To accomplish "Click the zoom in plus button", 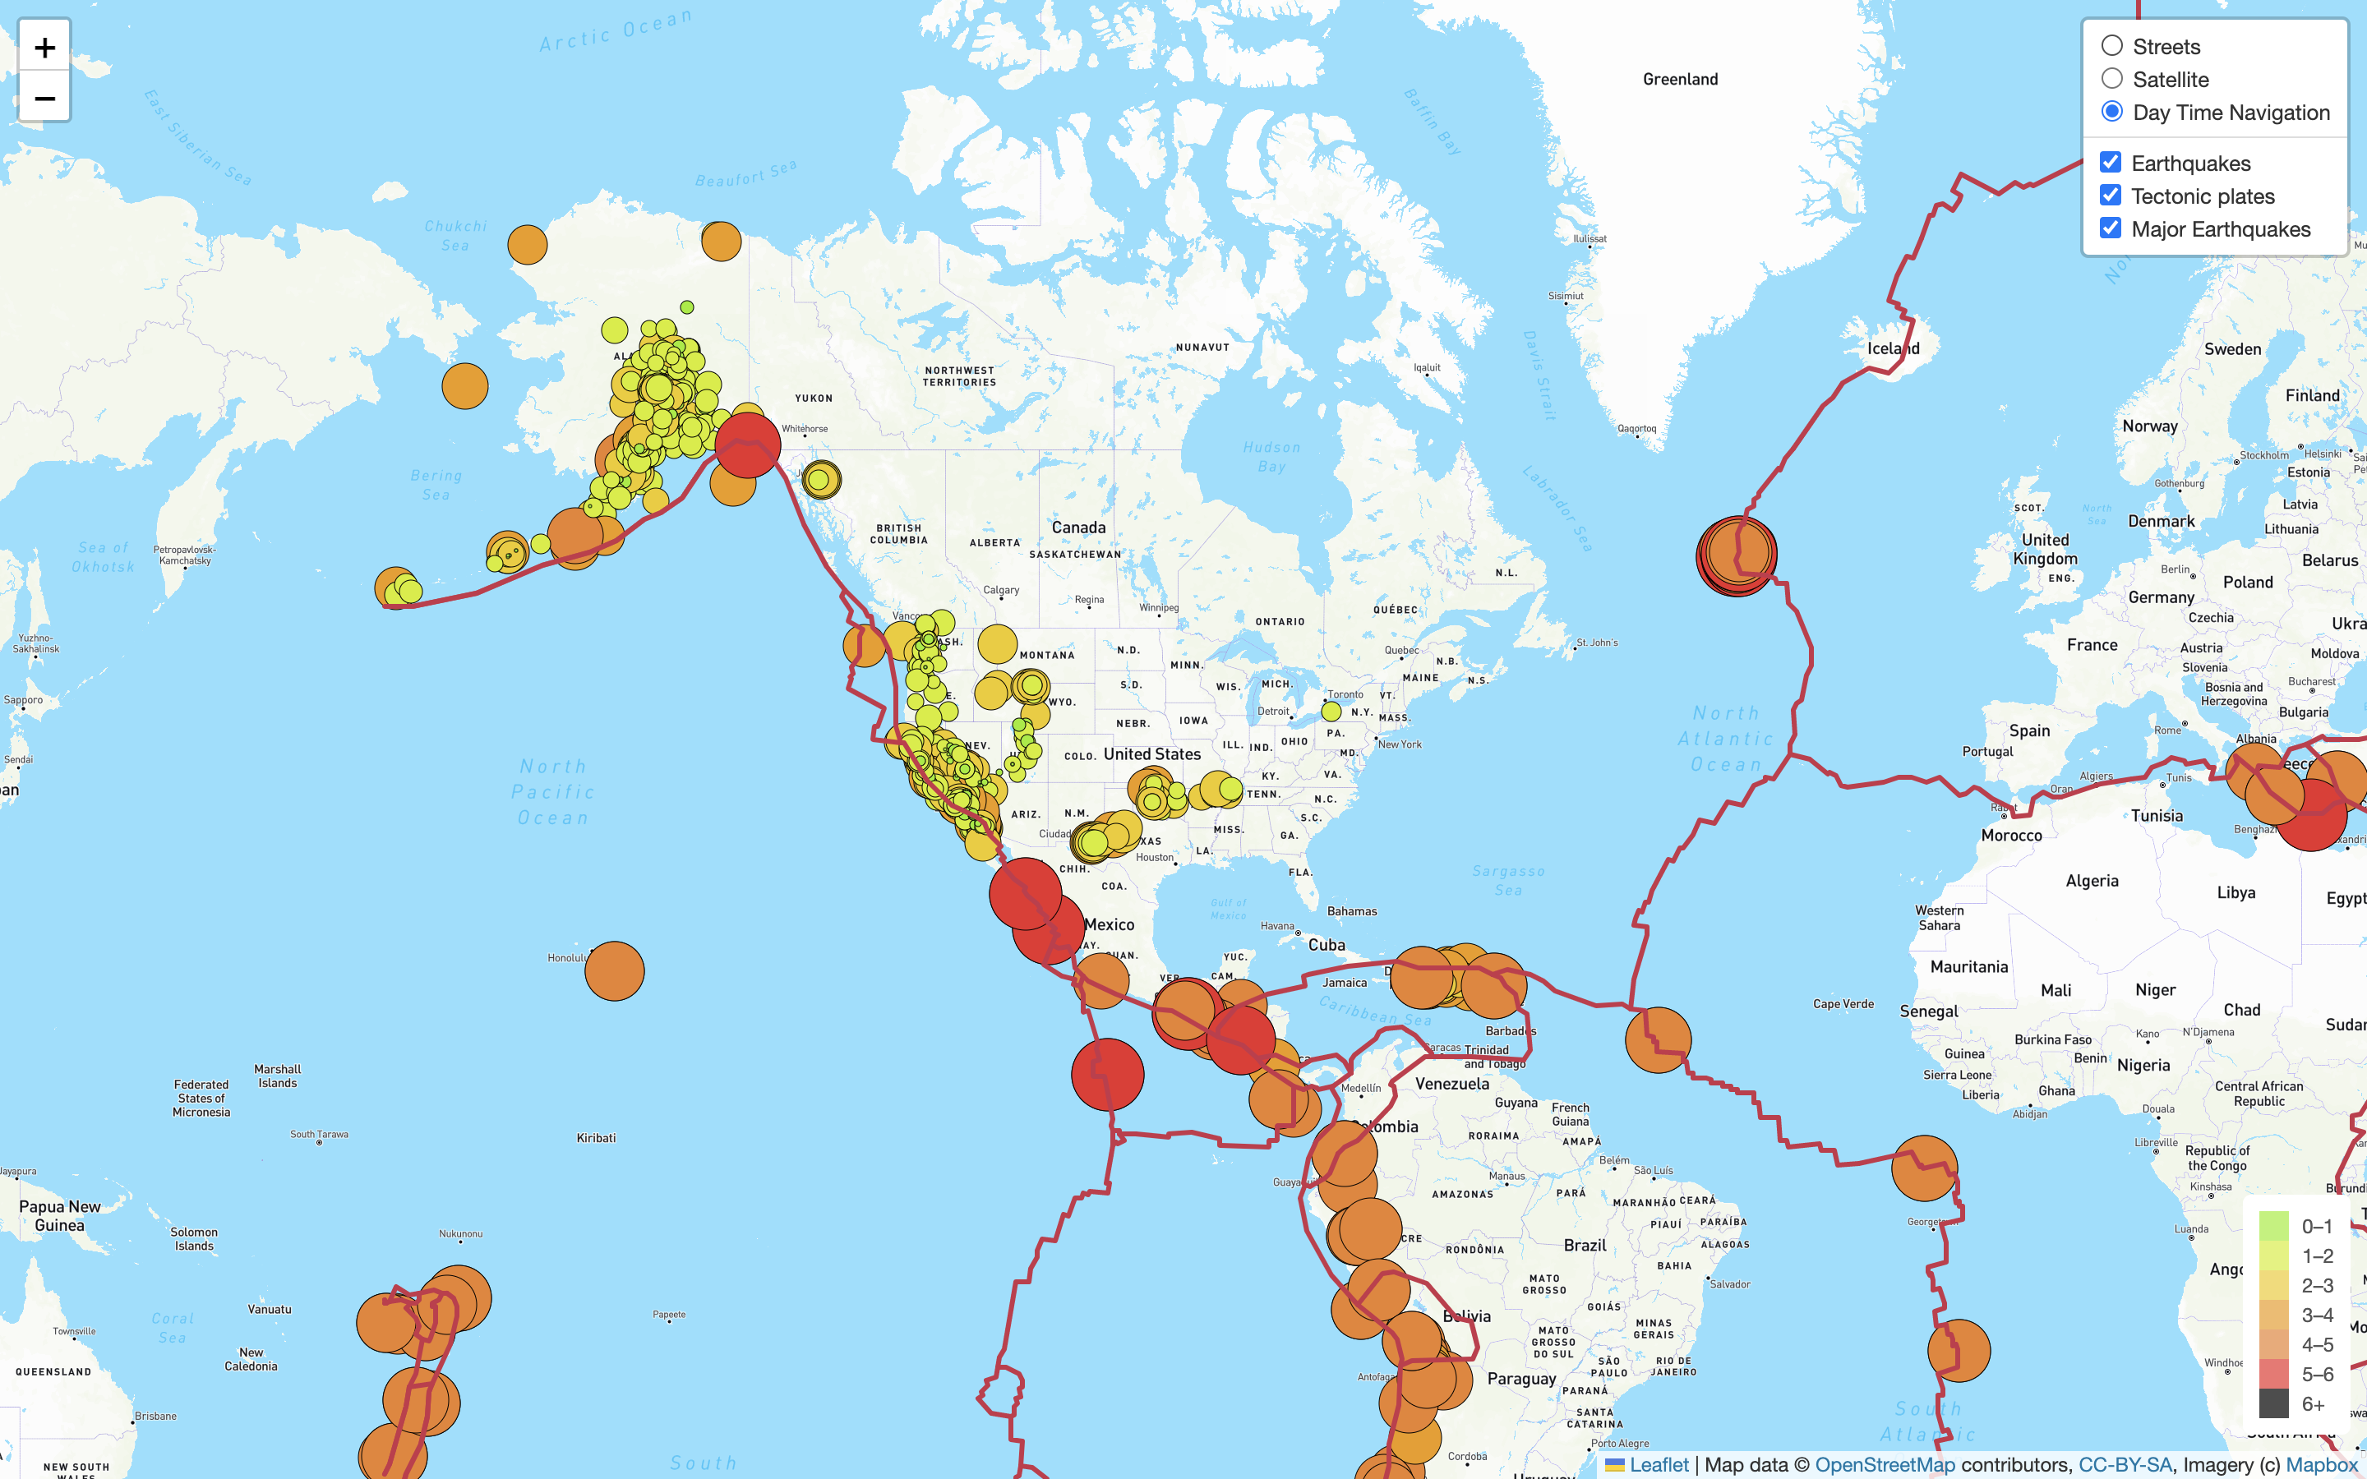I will coord(44,47).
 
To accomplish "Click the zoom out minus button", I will coord(44,98).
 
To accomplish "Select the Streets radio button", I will coord(2111,46).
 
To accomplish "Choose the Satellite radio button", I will coord(2111,78).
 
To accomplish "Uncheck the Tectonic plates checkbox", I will coord(2111,196).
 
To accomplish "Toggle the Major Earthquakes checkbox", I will coord(2111,228).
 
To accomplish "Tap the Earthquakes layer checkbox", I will coord(2111,163).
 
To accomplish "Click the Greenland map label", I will coord(1679,79).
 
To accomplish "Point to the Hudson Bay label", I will coord(1271,456).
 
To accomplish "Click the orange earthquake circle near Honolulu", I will coord(614,970).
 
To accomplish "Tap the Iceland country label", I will coord(1893,348).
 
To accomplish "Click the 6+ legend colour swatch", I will coord(2273,1403).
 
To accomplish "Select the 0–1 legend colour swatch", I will coord(2273,1226).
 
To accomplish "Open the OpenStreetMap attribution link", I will coord(1884,1464).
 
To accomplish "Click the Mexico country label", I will coord(1110,924).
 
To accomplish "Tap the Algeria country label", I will coord(2091,880).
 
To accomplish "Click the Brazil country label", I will coord(1585,1245).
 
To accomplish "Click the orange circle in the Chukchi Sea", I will coord(527,245).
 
